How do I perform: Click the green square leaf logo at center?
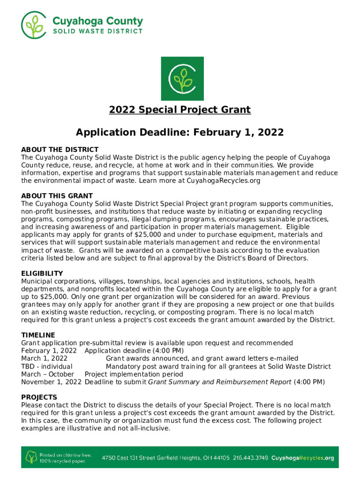coord(182,78)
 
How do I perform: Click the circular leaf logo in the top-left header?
coord(34,24)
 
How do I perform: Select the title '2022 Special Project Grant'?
coord(180,110)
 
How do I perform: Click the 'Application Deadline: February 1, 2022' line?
coord(180,132)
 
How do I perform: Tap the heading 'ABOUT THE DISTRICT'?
coord(60,150)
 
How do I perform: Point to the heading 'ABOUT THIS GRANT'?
coord(57,196)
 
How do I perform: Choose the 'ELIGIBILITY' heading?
coord(42,274)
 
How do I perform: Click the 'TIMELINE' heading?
coord(38,335)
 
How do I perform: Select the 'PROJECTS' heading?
coord(40,397)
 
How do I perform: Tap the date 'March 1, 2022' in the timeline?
coord(44,359)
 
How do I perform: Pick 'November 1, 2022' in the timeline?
coord(51,382)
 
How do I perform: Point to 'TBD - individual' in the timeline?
coord(47,366)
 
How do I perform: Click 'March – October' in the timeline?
coord(48,374)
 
